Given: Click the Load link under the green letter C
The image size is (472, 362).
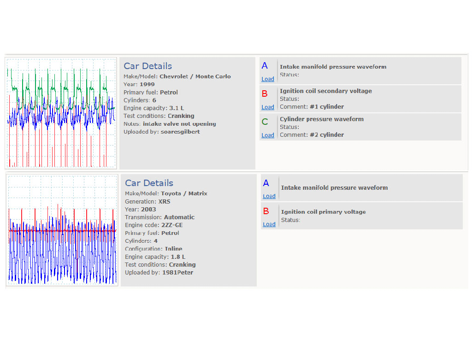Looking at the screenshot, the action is [x=268, y=135].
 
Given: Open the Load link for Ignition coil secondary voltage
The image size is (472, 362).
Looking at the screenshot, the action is [x=268, y=107].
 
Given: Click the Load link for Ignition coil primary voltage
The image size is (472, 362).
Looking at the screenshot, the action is [x=269, y=224].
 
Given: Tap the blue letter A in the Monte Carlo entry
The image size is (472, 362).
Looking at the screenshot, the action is [x=265, y=65].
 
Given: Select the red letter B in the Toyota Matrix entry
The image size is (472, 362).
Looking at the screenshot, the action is [x=266, y=211].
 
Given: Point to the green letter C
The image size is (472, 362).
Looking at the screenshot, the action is [x=265, y=122].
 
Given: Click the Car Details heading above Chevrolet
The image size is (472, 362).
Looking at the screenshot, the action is [x=148, y=66].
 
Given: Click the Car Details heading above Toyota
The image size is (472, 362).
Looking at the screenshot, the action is [x=149, y=183].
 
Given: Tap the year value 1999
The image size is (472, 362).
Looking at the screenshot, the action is [x=147, y=84].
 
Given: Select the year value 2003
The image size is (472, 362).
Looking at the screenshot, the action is [x=148, y=210].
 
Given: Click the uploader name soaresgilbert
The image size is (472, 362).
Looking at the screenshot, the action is [x=180, y=132].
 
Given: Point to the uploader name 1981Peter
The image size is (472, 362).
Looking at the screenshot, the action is [x=177, y=273].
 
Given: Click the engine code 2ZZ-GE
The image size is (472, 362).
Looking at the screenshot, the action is [x=172, y=225].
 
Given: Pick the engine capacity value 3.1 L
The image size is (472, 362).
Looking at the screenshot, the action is [x=177, y=108].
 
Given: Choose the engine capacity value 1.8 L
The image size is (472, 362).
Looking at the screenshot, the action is [x=178, y=257].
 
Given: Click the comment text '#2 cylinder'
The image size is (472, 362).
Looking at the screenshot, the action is [x=327, y=135].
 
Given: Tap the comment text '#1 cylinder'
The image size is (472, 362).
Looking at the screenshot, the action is [x=327, y=107].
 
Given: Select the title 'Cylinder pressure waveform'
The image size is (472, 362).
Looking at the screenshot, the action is [x=322, y=119].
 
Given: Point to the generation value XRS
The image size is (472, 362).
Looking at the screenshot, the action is [x=165, y=202].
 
